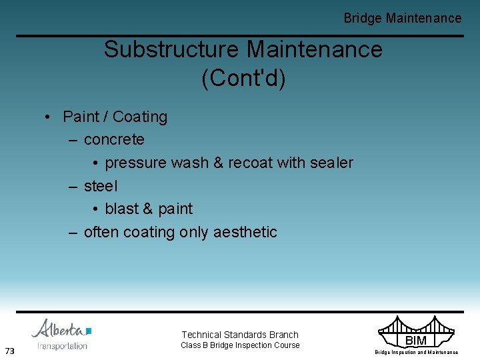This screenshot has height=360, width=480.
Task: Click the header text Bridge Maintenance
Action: pos(402,18)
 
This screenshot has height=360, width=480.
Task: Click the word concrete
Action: pos(114,139)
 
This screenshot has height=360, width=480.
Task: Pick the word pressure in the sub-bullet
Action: pos(136,163)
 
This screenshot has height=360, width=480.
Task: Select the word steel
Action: pos(101,186)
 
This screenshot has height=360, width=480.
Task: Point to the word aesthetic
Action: pos(245,232)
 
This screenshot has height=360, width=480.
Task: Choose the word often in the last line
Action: pos(101,232)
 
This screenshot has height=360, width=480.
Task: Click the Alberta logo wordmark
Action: pos(61,329)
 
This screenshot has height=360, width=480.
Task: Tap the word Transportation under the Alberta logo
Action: pos(63,346)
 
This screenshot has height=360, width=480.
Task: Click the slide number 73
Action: pos(9,351)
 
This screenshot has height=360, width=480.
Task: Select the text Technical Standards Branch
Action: pos(240,335)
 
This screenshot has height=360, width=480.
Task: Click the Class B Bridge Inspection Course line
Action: pos(240,345)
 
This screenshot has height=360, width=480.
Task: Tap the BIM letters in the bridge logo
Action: pos(416,341)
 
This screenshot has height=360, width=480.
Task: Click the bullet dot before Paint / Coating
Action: pos(49,117)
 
